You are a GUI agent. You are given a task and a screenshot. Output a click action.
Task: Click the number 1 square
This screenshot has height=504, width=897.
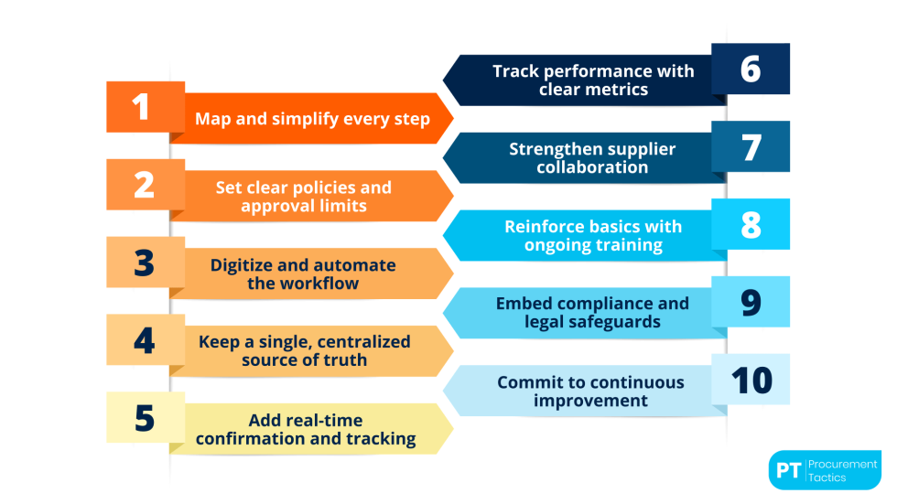[x=146, y=107]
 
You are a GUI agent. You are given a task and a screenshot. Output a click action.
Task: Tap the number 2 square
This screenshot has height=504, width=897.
[x=146, y=185]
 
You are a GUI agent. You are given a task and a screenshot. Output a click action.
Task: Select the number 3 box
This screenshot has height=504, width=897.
[x=146, y=263]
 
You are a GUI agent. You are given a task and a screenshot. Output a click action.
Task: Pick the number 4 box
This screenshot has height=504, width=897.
[x=146, y=340]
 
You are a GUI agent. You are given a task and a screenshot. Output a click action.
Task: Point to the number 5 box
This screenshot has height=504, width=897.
[x=146, y=417]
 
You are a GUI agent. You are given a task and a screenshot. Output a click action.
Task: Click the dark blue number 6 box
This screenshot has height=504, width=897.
[x=751, y=69]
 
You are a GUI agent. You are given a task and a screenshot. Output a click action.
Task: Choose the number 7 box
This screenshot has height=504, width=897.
[x=751, y=146]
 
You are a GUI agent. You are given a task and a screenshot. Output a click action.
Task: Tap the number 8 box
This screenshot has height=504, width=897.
[x=751, y=224]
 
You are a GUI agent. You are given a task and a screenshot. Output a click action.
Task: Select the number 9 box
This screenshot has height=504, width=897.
[x=751, y=302]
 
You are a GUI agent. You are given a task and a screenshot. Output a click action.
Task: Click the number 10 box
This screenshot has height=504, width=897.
[x=751, y=380]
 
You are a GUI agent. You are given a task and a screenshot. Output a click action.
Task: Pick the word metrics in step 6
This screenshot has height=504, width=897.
[x=621, y=90]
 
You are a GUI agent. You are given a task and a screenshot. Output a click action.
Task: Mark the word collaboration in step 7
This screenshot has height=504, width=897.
[x=592, y=167]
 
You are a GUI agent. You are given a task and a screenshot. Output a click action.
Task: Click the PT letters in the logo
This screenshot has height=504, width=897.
[x=788, y=471]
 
